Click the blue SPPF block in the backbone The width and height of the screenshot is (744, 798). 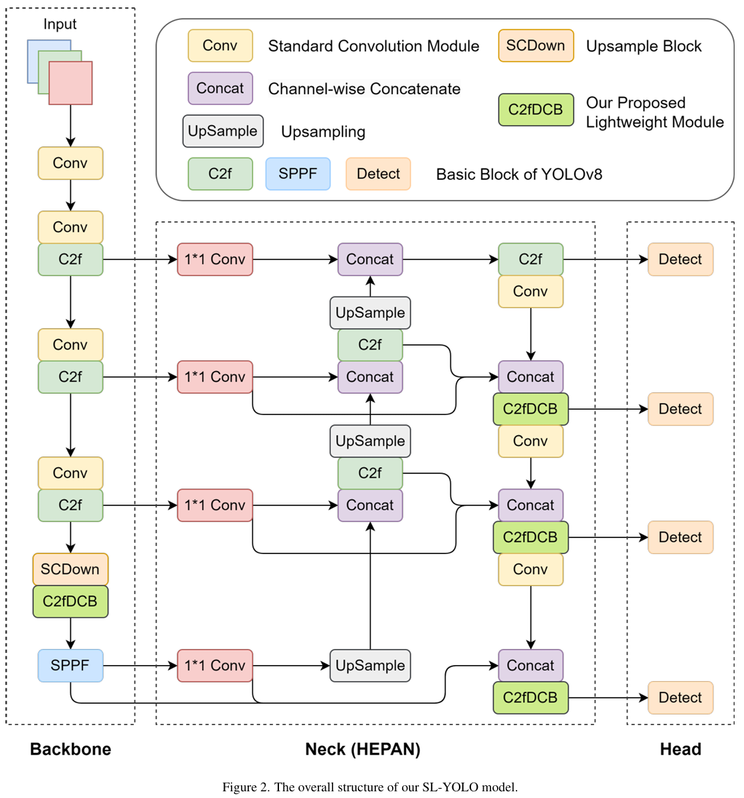tap(70, 665)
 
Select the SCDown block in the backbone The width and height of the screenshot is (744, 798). tap(70, 569)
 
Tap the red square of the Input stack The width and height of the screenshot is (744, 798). tap(70, 83)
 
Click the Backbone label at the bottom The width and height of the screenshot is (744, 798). tap(70, 749)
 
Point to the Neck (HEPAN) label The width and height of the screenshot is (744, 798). tap(363, 749)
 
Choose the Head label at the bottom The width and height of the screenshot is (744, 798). tap(680, 749)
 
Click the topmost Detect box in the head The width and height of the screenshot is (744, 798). tap(680, 259)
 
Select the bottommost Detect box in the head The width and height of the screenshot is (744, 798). tap(680, 697)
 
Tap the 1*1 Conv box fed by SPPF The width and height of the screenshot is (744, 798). tap(215, 665)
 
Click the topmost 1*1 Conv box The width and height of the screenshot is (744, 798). tap(215, 259)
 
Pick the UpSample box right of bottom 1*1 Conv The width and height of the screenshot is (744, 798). tap(370, 665)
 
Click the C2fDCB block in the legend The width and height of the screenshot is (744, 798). tap(535, 110)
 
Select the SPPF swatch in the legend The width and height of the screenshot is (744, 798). tap(298, 174)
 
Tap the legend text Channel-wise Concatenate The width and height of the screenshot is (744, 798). tap(365, 88)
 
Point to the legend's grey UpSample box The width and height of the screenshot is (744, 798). tap(223, 131)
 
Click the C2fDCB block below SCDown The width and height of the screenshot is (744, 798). tap(70, 601)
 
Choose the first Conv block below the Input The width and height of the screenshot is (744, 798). tap(70, 163)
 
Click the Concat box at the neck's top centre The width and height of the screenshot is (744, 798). tap(370, 259)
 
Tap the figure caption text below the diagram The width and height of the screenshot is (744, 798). tap(370, 787)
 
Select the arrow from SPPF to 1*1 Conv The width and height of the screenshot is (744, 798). tap(140, 665)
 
